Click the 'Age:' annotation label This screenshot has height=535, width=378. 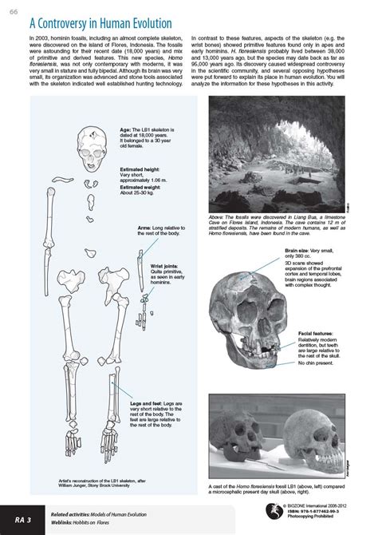(125, 129)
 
